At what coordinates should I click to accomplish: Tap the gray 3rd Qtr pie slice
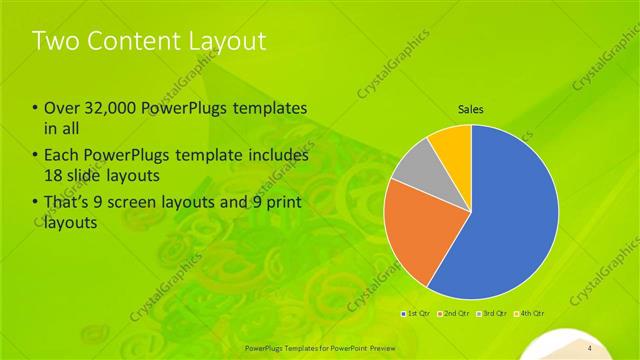[x=412, y=170]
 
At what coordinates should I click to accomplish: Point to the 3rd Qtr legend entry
[x=492, y=315]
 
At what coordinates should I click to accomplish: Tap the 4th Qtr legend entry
[x=530, y=315]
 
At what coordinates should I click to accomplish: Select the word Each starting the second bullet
[x=63, y=156]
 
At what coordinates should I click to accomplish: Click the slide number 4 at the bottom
[x=590, y=347]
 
